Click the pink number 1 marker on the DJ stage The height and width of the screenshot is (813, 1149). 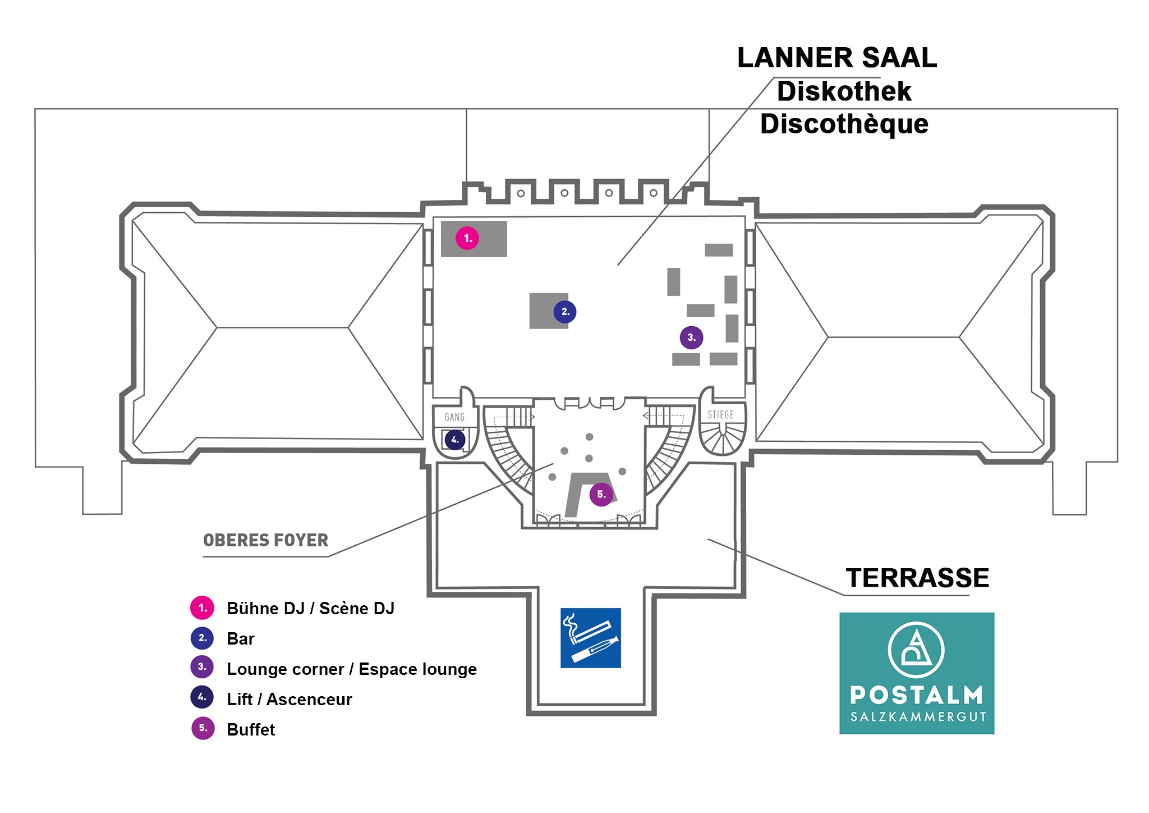click(467, 238)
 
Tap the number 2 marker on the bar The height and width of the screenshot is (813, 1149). click(564, 312)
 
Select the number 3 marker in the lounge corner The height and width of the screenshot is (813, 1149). click(691, 337)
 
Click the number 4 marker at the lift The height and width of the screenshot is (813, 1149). click(454, 440)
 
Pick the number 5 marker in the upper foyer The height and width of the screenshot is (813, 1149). click(601, 494)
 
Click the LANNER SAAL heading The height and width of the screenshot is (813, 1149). click(837, 58)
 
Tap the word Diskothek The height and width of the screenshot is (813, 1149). click(844, 92)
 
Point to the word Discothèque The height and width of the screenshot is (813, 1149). click(844, 124)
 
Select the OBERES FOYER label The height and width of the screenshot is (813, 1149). click(265, 540)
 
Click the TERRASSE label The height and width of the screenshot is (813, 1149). click(917, 578)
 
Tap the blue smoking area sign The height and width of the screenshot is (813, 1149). click(590, 638)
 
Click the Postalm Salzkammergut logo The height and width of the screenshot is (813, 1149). click(916, 673)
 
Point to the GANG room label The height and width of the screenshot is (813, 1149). click(454, 417)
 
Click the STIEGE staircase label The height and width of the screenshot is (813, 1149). click(720, 415)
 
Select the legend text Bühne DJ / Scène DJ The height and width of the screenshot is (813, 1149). click(310, 608)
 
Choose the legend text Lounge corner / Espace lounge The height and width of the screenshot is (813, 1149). click(351, 669)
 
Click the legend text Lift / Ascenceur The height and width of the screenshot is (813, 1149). click(289, 699)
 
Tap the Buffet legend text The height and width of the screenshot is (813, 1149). click(251, 729)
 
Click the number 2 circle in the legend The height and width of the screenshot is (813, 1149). click(202, 638)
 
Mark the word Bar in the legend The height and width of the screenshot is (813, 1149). click(240, 638)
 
